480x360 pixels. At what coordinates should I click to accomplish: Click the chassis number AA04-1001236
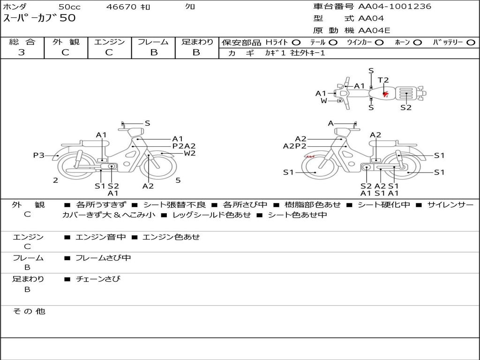pyautogui.click(x=395, y=7)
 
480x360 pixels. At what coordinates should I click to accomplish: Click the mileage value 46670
pyautogui.click(x=121, y=7)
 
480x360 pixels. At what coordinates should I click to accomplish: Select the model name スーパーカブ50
pyautogui.click(x=39, y=18)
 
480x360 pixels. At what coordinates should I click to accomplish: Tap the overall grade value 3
pyautogui.click(x=22, y=52)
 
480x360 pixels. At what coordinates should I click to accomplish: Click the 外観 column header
pyautogui.click(x=66, y=42)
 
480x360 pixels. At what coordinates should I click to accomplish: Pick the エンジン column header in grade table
pyautogui.click(x=109, y=42)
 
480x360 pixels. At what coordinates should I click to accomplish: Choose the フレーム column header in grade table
pyautogui.click(x=153, y=42)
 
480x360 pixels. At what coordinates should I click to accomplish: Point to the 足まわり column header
pyautogui.click(x=197, y=42)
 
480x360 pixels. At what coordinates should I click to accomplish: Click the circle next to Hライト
pyautogui.click(x=296, y=43)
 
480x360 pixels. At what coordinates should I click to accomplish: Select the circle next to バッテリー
pyautogui.click(x=470, y=43)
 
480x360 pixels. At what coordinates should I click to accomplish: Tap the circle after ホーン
pyautogui.click(x=417, y=43)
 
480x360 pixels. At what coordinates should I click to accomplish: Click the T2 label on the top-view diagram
pyautogui.click(x=383, y=81)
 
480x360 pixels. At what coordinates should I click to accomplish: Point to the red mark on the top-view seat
pyautogui.click(x=385, y=94)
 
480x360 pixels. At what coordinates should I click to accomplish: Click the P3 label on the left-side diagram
pyautogui.click(x=38, y=155)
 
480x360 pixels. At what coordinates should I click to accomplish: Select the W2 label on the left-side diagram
pyautogui.click(x=189, y=153)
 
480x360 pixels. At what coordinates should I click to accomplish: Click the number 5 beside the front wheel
pyautogui.click(x=178, y=180)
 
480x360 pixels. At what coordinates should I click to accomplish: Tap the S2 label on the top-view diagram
pyautogui.click(x=405, y=107)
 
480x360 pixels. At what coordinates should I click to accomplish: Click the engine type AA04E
pyautogui.click(x=374, y=30)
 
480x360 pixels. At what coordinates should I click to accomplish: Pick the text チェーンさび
pyautogui.click(x=98, y=279)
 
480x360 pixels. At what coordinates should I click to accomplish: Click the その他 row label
pyautogui.click(x=29, y=311)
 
